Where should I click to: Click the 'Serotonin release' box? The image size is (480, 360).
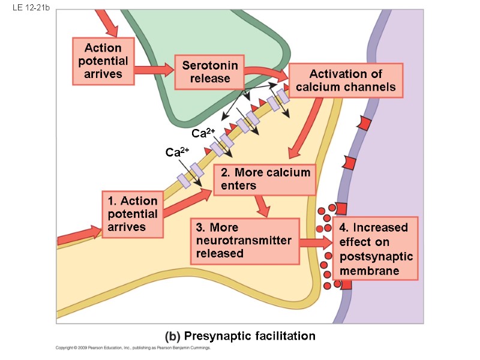click(x=210, y=72)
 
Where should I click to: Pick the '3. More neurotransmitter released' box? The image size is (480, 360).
click(x=245, y=241)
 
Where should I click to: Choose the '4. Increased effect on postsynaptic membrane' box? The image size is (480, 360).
click(x=376, y=249)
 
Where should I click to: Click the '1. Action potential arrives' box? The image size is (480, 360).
click(x=132, y=214)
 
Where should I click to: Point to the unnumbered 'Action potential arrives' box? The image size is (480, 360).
click(x=103, y=61)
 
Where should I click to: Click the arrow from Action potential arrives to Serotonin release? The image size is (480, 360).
click(x=154, y=71)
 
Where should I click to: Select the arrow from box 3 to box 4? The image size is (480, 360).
click(x=316, y=242)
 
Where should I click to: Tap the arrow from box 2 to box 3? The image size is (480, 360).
click(x=262, y=206)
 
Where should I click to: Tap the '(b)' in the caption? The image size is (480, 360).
click(x=172, y=336)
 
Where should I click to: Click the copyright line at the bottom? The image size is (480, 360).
click(x=134, y=347)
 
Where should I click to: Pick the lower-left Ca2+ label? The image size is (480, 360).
click(x=178, y=152)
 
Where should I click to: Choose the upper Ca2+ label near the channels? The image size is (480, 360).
click(x=203, y=132)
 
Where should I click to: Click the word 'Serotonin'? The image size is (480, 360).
click(x=210, y=65)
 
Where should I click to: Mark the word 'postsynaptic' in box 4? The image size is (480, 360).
click(x=376, y=257)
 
